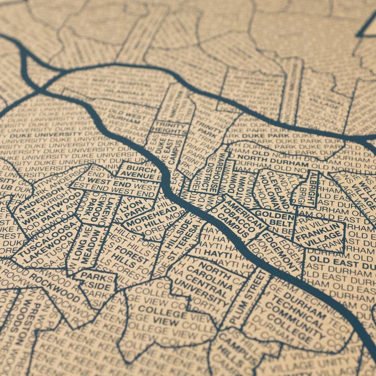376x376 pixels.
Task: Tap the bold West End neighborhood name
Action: tap(110, 183)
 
